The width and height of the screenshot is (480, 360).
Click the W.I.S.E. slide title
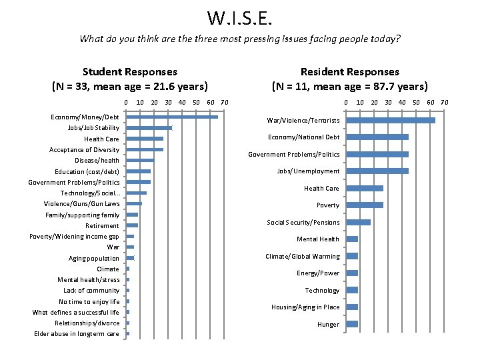click(x=239, y=17)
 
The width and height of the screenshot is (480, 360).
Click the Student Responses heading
click(x=130, y=71)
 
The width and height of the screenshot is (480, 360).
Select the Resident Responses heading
click(x=349, y=71)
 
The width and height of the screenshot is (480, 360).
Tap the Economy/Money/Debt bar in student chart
click(x=172, y=117)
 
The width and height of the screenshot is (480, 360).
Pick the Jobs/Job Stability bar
click(x=149, y=128)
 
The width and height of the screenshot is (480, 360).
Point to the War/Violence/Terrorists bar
click(x=390, y=121)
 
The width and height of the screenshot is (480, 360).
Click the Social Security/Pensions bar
click(x=358, y=222)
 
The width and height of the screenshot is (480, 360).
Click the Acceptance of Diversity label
click(x=84, y=150)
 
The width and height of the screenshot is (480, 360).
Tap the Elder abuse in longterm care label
click(x=77, y=334)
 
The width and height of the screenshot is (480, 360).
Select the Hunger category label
click(x=328, y=325)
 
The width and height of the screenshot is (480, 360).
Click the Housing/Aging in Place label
click(x=305, y=307)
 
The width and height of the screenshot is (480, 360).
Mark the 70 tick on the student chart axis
click(x=224, y=102)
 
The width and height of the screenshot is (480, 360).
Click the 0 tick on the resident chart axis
click(x=345, y=102)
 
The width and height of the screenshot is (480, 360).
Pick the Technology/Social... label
click(x=90, y=193)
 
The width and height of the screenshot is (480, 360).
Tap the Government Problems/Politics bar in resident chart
click(x=377, y=155)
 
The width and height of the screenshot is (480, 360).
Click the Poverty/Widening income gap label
click(x=74, y=237)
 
